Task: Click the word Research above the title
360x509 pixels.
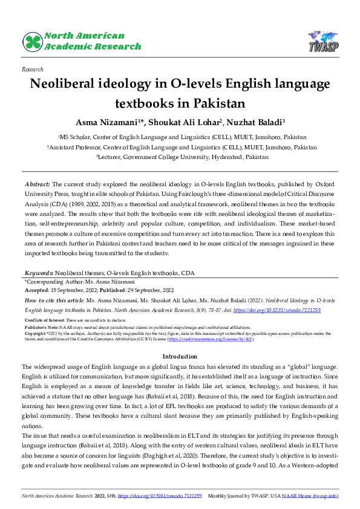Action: coord(31,70)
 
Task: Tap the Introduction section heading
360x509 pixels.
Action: coord(180,357)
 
